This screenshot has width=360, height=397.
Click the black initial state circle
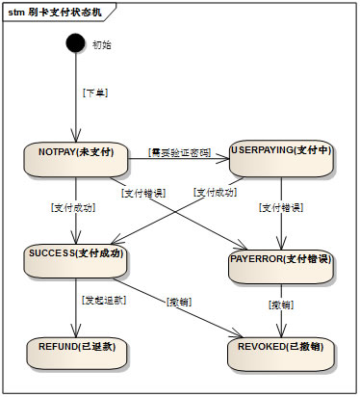coord(75,43)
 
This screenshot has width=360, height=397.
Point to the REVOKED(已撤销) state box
coord(281,352)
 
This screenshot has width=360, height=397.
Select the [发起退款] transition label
coord(102,300)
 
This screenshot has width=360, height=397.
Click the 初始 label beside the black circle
coord(101,44)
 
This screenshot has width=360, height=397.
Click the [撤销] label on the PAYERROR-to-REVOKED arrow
coord(281,304)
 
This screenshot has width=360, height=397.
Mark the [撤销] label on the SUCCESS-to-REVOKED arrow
coord(178,302)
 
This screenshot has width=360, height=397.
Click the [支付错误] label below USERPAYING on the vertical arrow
coord(281,207)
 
